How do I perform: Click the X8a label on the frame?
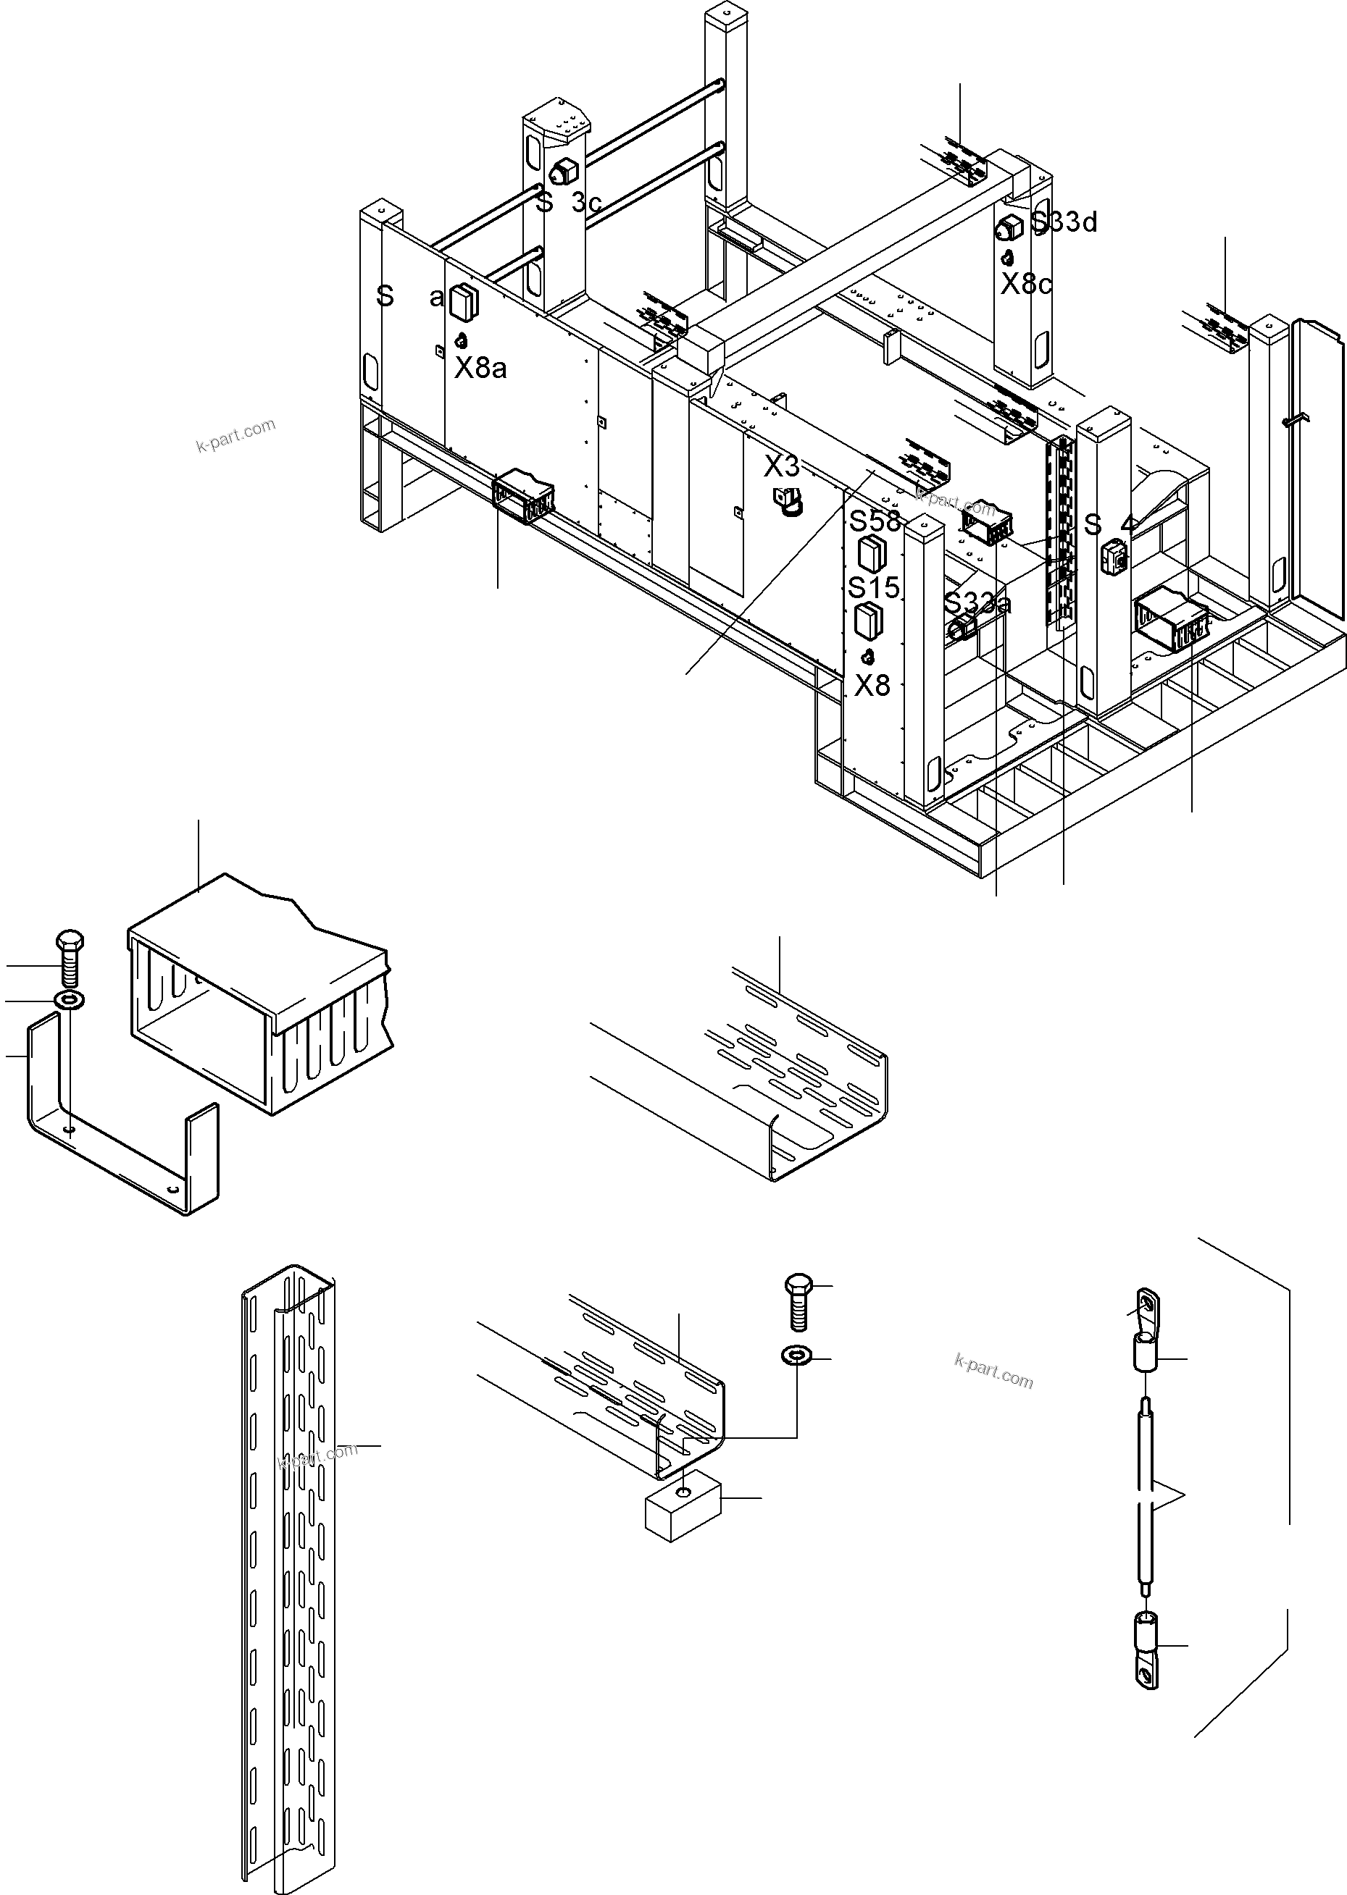pyautogui.click(x=480, y=367)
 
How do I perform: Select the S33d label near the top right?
pyautogui.click(x=1064, y=222)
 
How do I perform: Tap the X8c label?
pyautogui.click(x=1026, y=285)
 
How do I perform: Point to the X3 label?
pyautogui.click(x=781, y=468)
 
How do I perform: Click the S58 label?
pyautogui.click(x=875, y=521)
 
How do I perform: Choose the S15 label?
pyautogui.click(x=873, y=588)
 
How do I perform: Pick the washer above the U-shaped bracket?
pyautogui.click(x=69, y=1001)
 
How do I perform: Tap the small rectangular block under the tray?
pyautogui.click(x=682, y=1512)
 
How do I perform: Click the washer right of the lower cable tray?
pyautogui.click(x=797, y=1356)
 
